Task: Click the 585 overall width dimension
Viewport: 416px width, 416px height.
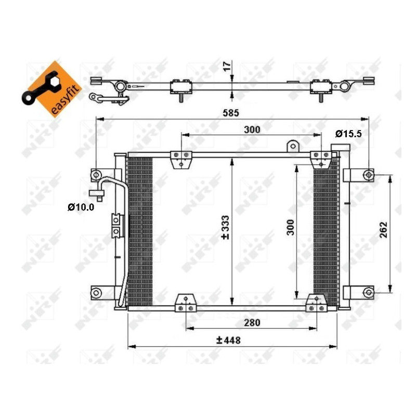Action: point(232,111)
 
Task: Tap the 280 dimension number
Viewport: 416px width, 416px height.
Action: point(252,323)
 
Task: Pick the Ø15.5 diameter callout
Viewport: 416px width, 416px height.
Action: point(348,134)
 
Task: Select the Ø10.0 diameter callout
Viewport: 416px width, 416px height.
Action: point(81,207)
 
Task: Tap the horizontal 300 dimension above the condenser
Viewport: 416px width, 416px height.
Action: point(252,129)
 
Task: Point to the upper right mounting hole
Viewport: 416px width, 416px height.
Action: point(368,175)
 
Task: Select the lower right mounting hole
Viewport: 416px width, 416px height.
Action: point(368,292)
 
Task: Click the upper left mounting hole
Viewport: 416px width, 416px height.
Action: point(96,174)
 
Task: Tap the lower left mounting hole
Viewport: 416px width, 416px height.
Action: point(96,292)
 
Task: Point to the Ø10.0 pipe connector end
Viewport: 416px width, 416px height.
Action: point(97,194)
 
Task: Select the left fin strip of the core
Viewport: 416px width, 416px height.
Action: point(140,231)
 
